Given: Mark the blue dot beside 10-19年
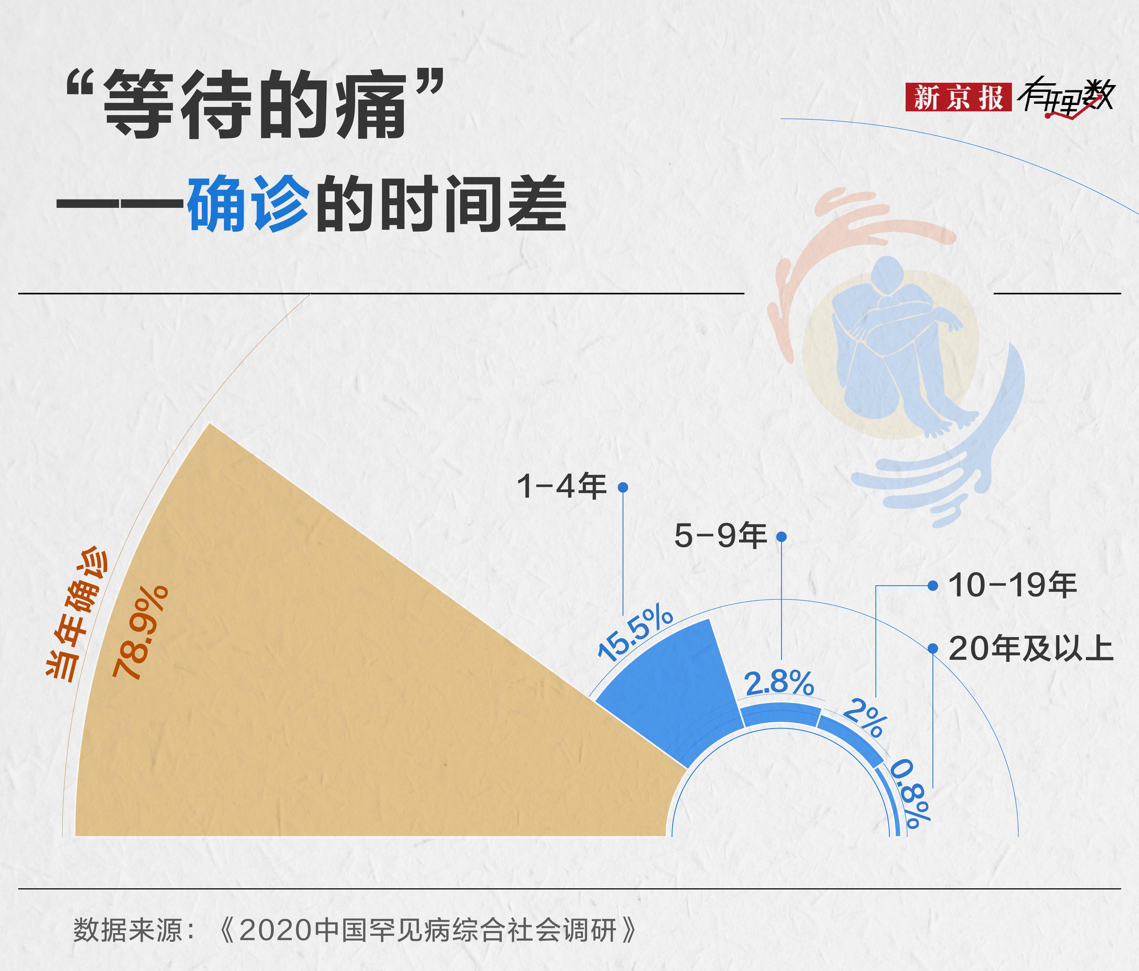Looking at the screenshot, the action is pos(933,586).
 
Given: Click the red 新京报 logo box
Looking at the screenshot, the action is pos(959,97).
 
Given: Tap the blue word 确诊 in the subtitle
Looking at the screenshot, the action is pos(249,204).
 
